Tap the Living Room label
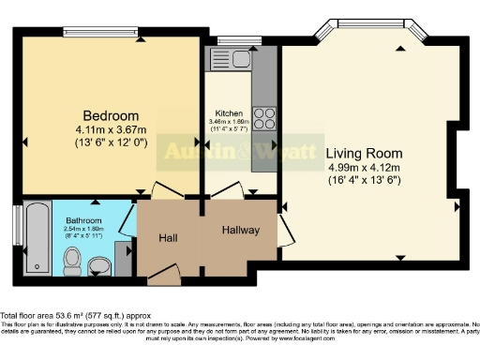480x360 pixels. [364, 153]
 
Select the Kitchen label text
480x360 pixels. [229, 113]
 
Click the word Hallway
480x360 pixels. [241, 230]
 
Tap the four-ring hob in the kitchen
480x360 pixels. [264, 119]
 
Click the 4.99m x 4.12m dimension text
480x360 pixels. [364, 168]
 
